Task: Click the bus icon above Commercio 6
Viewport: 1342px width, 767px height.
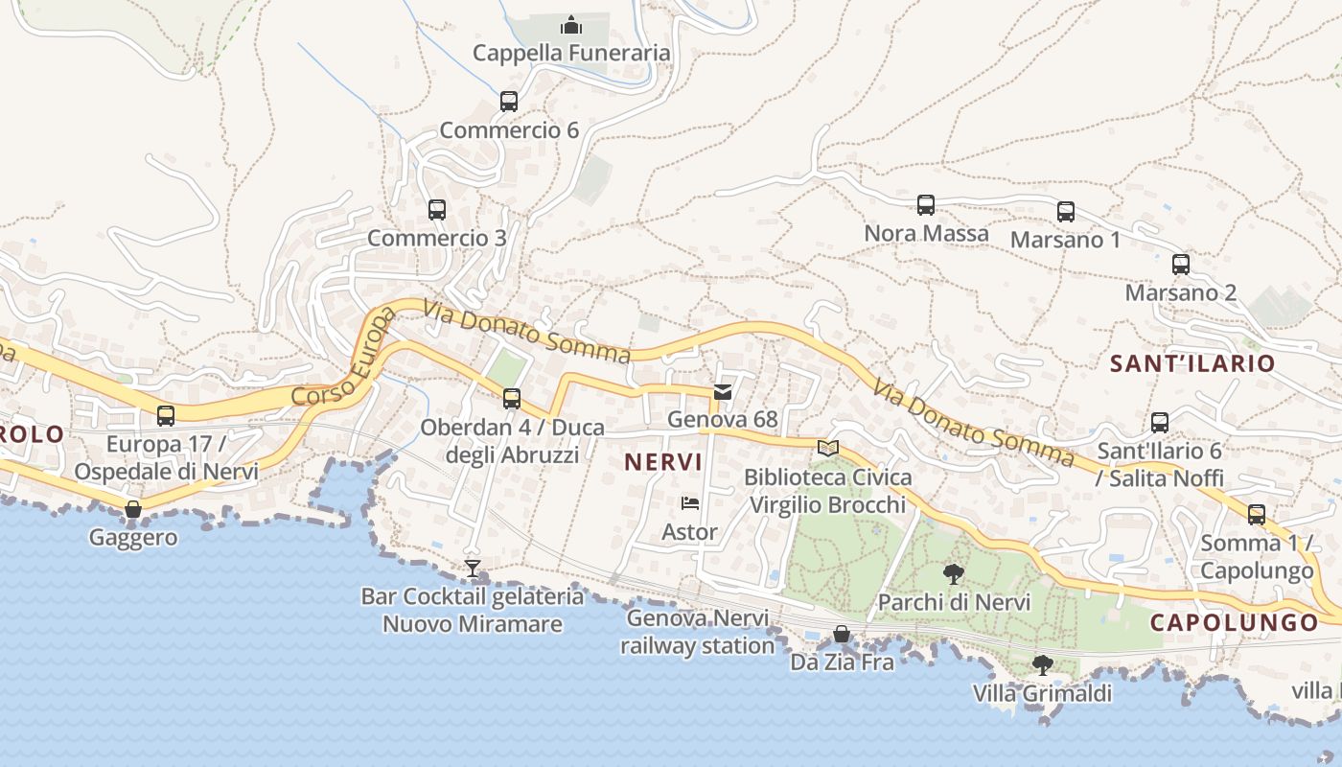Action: tap(509, 101)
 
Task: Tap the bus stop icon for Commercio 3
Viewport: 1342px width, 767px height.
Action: tap(437, 209)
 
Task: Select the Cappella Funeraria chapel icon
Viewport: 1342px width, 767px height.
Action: tap(571, 24)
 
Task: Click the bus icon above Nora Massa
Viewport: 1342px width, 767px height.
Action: tap(926, 204)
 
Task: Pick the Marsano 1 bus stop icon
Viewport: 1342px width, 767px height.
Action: tap(1066, 211)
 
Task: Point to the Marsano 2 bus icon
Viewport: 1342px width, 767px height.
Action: tap(1181, 265)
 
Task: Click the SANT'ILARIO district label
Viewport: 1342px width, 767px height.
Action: tap(1192, 363)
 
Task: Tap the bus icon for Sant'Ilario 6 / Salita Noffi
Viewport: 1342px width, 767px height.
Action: tap(1160, 422)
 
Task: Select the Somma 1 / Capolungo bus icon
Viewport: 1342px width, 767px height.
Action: tap(1257, 514)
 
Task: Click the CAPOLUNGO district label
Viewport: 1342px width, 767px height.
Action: tap(1235, 622)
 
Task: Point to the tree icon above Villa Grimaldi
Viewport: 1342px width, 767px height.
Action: tap(1043, 663)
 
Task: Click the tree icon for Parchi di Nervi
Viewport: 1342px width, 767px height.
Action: tap(954, 573)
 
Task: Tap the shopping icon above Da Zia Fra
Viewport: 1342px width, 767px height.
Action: tap(842, 634)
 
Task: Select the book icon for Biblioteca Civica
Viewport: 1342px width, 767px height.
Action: tap(828, 448)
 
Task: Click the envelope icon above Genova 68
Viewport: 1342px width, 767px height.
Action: tap(723, 391)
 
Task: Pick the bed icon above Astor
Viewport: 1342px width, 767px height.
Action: tap(690, 502)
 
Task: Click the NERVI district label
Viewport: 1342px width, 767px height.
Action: tap(664, 462)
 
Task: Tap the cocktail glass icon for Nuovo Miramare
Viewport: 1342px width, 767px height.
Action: tap(472, 569)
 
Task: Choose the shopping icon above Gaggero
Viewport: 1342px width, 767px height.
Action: tap(133, 509)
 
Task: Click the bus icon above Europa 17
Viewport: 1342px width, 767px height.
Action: tap(166, 416)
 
